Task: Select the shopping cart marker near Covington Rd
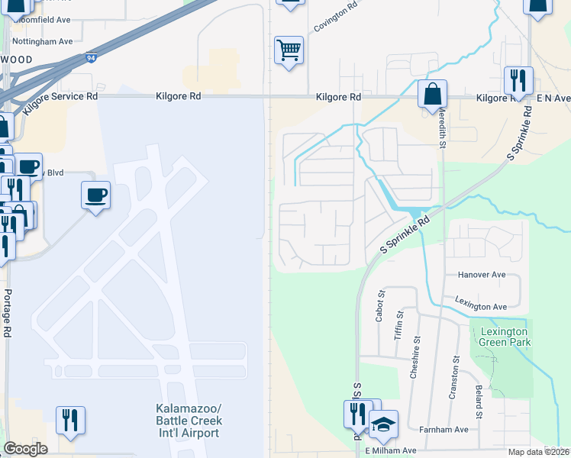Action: coord(289,50)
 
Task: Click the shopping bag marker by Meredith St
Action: coord(432,95)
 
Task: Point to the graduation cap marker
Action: coord(383,424)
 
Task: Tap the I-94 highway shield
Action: coord(92,57)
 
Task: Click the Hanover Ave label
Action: coord(482,275)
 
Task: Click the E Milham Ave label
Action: coord(390,451)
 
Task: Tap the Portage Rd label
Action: coord(7,313)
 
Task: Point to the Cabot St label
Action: coord(379,305)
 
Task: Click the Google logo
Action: coord(25,449)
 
